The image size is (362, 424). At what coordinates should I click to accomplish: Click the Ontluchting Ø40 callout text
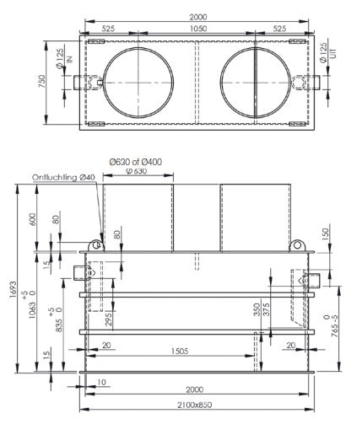(x=64, y=177)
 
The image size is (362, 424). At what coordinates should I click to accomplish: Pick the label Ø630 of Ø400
(x=137, y=164)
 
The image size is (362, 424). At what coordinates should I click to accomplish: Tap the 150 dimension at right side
(x=327, y=233)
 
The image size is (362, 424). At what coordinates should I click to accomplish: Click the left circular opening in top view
(x=138, y=83)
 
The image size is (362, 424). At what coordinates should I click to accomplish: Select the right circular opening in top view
(x=255, y=83)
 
